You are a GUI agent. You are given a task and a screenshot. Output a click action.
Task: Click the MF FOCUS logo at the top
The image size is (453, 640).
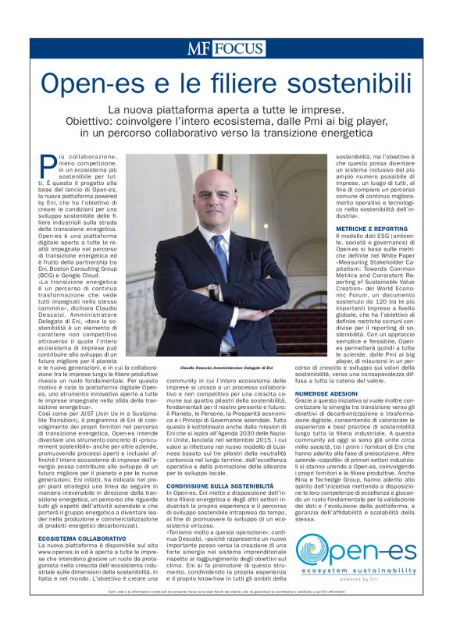pos(226,48)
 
